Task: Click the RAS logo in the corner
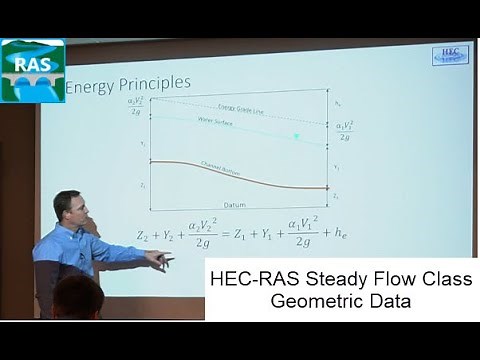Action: pyautogui.click(x=33, y=70)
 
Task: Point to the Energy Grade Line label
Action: pyautogui.click(x=239, y=108)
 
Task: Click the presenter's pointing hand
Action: pyautogui.click(x=159, y=261)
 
